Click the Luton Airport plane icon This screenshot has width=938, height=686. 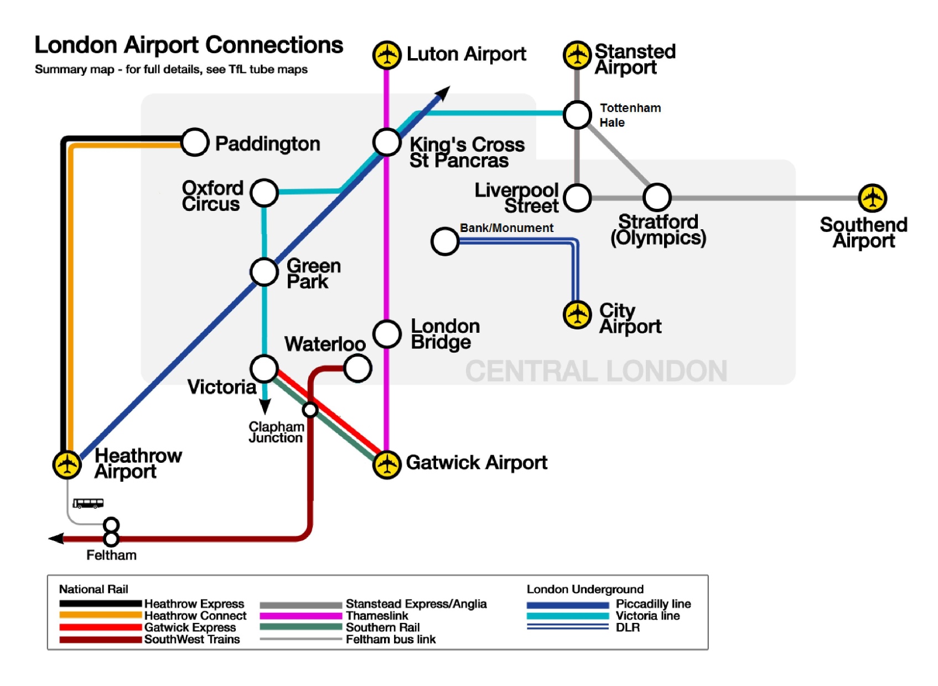pyautogui.click(x=386, y=55)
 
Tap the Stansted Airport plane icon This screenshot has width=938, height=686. pyautogui.click(x=577, y=55)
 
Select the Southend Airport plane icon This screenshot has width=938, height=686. pyautogui.click(x=873, y=198)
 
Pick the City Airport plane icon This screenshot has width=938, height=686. pyautogui.click(x=577, y=314)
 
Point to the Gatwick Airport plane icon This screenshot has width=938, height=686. pyautogui.click(x=387, y=465)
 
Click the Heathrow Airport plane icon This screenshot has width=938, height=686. pyautogui.click(x=67, y=464)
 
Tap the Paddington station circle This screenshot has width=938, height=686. pyautogui.click(x=194, y=142)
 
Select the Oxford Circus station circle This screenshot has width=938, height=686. pyautogui.click(x=264, y=193)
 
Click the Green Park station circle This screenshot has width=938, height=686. pyautogui.click(x=264, y=272)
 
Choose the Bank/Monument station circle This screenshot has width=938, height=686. pyautogui.click(x=445, y=241)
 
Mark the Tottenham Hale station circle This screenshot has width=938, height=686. pyautogui.click(x=577, y=115)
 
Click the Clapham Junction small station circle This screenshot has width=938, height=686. pyautogui.click(x=310, y=410)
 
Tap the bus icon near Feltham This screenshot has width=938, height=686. pyautogui.click(x=88, y=503)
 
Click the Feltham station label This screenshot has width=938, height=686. pyautogui.click(x=111, y=555)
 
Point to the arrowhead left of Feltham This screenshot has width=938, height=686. pyautogui.click(x=56, y=538)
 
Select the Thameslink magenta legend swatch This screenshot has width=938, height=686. pyautogui.click(x=300, y=616)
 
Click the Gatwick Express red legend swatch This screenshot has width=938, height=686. pyautogui.click(x=100, y=627)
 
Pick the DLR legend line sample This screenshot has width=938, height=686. pyautogui.click(x=567, y=627)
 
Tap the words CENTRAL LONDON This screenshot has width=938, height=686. pyautogui.click(x=596, y=371)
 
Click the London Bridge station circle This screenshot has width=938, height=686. pyautogui.click(x=387, y=334)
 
